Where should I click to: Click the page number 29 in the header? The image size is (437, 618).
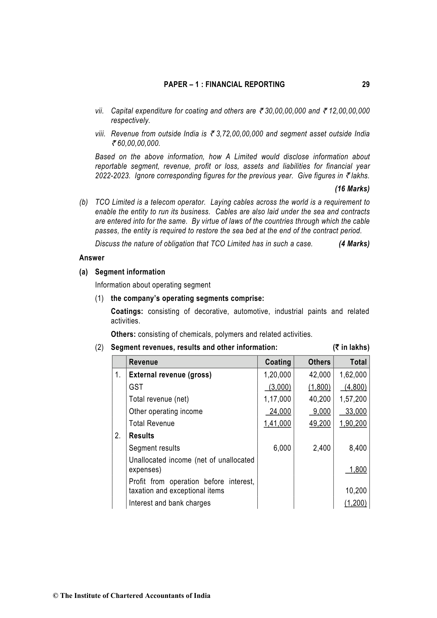coord(366,85)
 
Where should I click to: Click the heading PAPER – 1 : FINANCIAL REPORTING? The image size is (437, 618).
coord(224,85)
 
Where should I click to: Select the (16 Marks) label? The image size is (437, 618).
coord(352,189)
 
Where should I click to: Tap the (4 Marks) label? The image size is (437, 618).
coord(354,244)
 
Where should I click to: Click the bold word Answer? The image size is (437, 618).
coord(92,258)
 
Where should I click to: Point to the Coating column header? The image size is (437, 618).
coord(278,362)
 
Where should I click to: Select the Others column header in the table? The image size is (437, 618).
coord(319,362)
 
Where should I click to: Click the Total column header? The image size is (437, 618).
coord(358,362)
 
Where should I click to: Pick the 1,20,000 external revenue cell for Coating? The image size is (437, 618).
coord(277,375)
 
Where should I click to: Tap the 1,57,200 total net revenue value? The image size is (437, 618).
coord(353,399)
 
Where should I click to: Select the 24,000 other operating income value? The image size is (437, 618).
coord(280,412)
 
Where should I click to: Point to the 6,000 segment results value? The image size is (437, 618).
coord(282,448)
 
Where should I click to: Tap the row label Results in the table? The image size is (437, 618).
coord(142,436)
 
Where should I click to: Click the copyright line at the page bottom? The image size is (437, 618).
coord(132,596)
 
